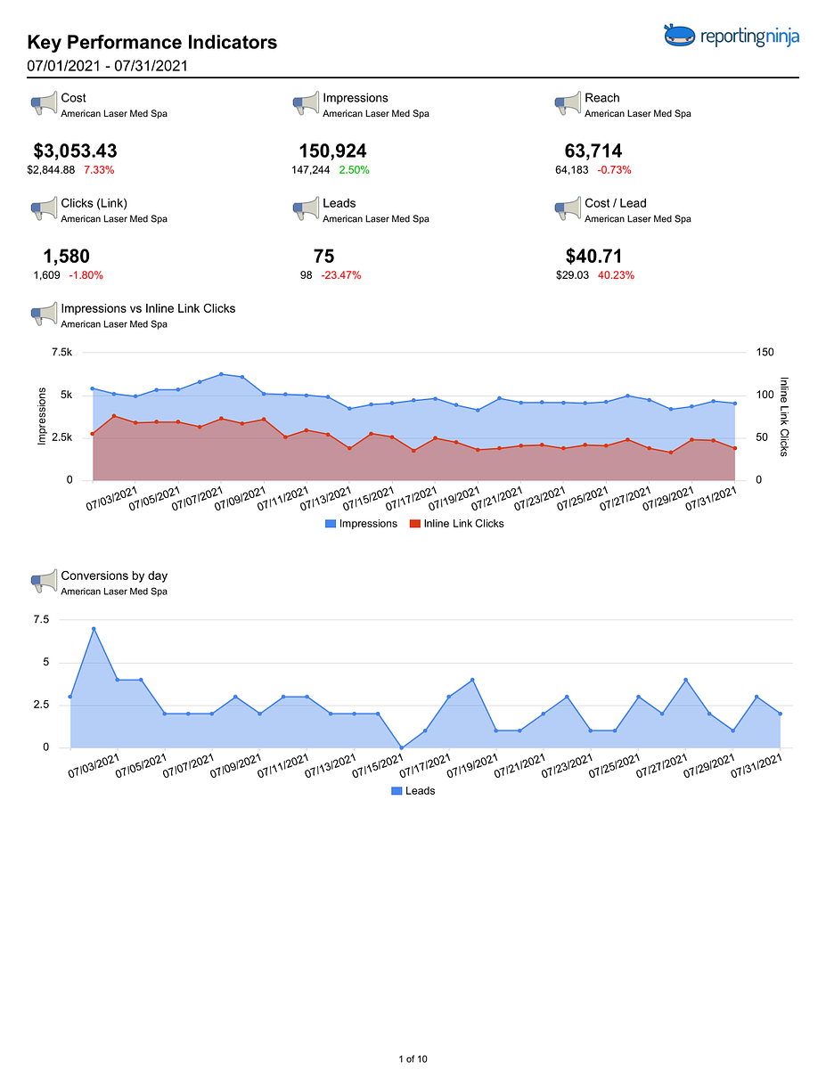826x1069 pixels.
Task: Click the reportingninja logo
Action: click(731, 36)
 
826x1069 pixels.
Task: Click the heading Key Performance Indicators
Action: click(152, 42)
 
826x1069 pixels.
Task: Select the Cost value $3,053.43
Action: click(75, 151)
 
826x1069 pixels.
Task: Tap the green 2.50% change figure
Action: click(354, 170)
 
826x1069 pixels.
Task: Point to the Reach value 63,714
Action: click(593, 151)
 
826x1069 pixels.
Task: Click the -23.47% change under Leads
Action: click(341, 275)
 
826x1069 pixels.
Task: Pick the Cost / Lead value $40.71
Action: click(593, 256)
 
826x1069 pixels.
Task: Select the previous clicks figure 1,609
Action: click(46, 275)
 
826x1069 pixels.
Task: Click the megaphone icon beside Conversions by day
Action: click(44, 581)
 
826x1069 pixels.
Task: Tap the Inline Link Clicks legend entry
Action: click(456, 524)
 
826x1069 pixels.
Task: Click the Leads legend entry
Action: click(413, 790)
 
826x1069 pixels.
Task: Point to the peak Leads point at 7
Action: click(94, 629)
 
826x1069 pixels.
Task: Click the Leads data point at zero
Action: click(402, 747)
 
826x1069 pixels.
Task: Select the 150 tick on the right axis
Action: click(765, 352)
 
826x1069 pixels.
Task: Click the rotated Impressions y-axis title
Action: click(42, 416)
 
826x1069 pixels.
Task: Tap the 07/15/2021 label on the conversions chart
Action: click(378, 766)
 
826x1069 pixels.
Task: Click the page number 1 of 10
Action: click(413, 1058)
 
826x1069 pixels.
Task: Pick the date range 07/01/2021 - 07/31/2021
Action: click(107, 66)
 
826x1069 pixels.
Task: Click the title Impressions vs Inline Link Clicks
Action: click(148, 308)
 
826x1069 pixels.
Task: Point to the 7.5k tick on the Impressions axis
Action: click(62, 352)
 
